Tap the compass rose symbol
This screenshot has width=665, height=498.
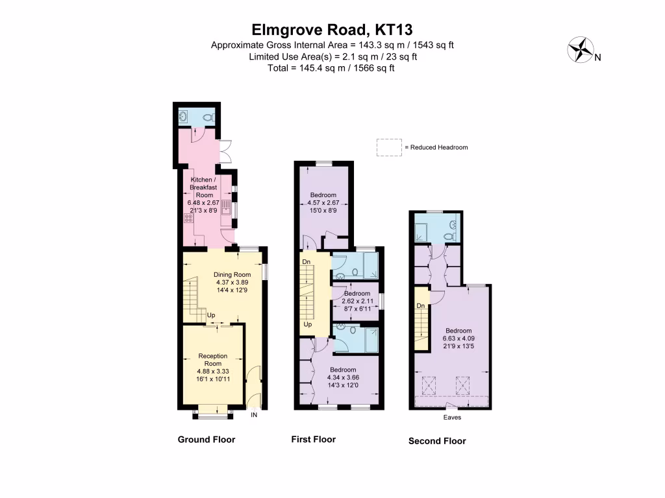[x=582, y=51]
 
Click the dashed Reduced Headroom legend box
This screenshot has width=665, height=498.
[x=389, y=147]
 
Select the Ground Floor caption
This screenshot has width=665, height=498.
[x=207, y=440]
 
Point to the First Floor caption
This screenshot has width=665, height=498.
[x=313, y=440]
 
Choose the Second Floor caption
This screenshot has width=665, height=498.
[x=437, y=441]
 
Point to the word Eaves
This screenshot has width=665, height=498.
[x=452, y=418]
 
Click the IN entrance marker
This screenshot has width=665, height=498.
[x=255, y=415]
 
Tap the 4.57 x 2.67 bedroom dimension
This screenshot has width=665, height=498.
[x=323, y=203]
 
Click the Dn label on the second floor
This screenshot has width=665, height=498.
[x=421, y=305]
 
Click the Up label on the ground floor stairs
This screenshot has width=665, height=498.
[x=211, y=316]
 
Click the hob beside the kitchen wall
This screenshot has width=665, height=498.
[x=188, y=219]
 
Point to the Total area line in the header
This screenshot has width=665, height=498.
[x=332, y=68]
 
